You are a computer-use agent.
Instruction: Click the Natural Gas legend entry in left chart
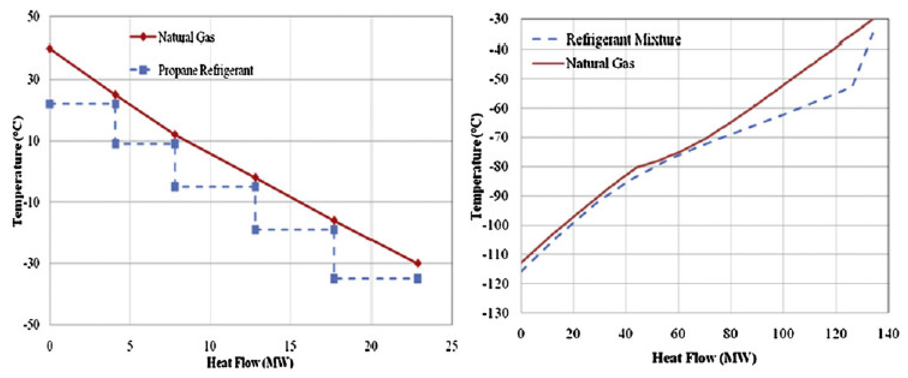pos(186,37)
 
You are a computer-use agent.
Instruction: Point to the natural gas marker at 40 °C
pos(50,49)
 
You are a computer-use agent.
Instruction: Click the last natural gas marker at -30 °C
pos(418,263)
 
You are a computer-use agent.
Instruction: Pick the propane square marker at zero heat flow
pos(50,104)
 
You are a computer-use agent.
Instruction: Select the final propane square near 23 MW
pos(418,279)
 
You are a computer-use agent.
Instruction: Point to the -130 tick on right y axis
pos(498,313)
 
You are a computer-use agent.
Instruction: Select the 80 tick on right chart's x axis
pos(730,333)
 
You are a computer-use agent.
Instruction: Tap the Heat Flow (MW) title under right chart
pos(704,358)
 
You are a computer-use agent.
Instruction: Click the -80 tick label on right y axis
pos(498,166)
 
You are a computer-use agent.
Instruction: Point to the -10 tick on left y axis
pos(32,202)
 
